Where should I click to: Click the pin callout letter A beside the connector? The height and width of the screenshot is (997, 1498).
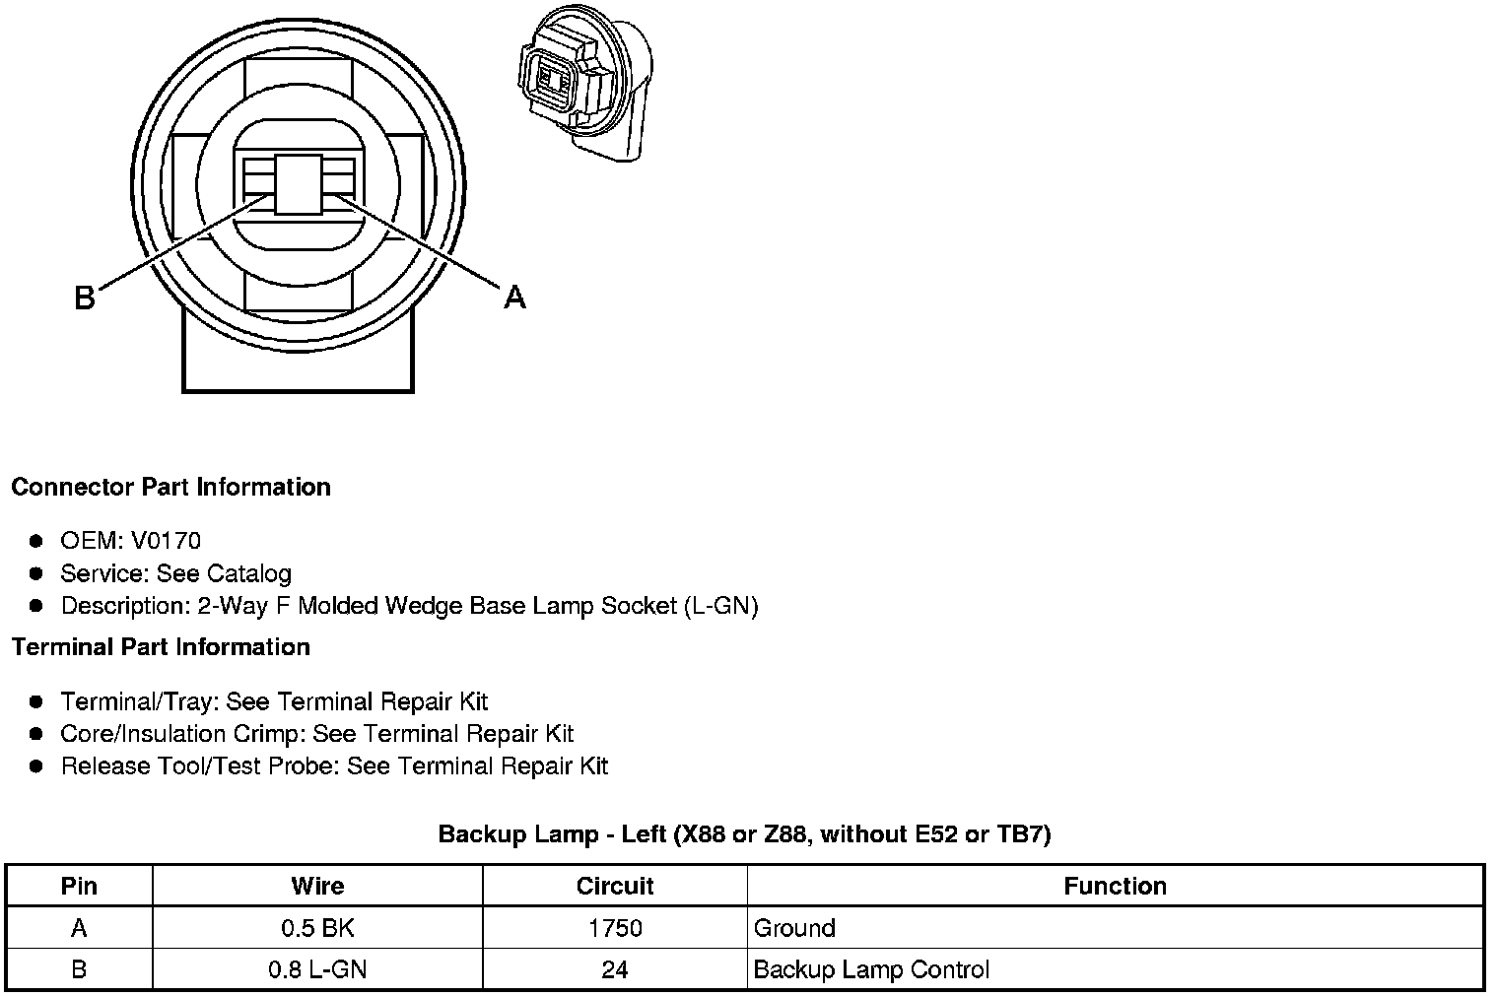[x=514, y=297]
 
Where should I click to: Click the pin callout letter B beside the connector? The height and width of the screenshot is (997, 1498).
[x=85, y=299]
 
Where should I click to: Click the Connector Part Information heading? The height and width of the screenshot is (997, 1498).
[x=171, y=487]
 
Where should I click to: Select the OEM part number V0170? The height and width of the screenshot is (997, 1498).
[x=166, y=540]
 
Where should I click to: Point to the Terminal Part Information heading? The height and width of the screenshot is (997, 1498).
[x=161, y=646]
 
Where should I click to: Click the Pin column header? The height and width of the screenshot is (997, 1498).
[x=79, y=886]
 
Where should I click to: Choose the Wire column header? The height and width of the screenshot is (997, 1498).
[x=317, y=886]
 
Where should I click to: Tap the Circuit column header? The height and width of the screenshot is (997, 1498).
[x=615, y=886]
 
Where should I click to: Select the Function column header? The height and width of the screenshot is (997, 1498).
[x=1116, y=886]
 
